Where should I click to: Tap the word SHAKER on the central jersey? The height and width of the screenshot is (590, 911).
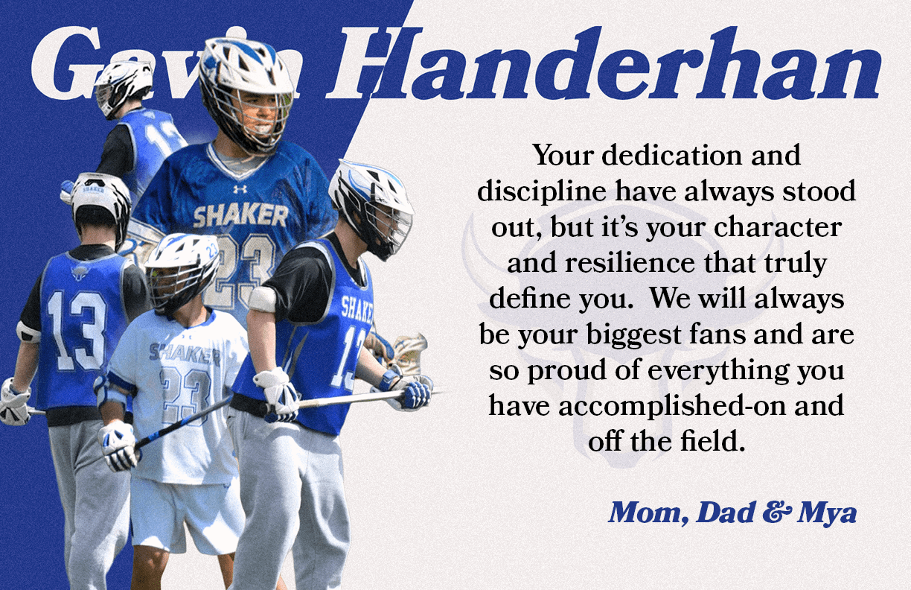[240, 216]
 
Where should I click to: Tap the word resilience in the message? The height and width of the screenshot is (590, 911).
[642, 263]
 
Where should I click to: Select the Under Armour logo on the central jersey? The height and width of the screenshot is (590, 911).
[240, 189]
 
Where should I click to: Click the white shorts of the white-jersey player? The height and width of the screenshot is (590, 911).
[186, 514]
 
